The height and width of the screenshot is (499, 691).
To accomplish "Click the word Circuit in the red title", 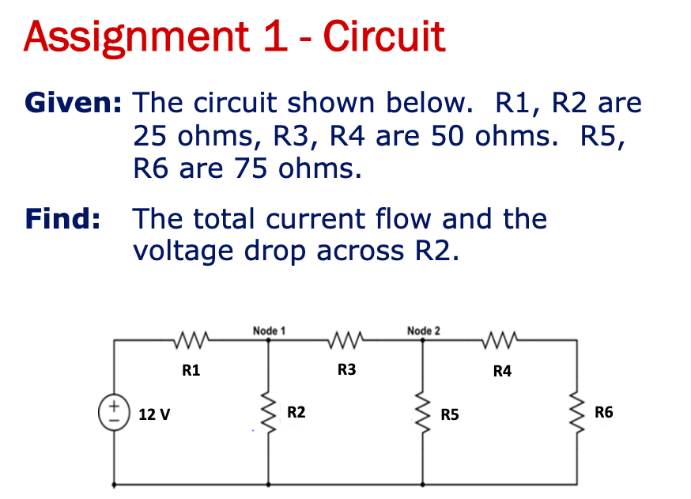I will click(x=385, y=36).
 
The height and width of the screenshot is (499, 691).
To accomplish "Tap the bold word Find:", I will click(x=62, y=218).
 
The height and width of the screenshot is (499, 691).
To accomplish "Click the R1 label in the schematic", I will click(x=191, y=369).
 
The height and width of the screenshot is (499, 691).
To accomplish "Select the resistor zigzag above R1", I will click(x=191, y=342).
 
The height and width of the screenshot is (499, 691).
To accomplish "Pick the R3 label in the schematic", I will click(x=346, y=369).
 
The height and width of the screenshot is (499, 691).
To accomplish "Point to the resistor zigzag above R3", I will click(x=346, y=342).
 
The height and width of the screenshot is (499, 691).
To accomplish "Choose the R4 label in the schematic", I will click(x=502, y=370).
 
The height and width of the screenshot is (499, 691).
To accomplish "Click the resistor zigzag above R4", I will click(x=502, y=342).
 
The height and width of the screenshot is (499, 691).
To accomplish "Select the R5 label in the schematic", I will click(x=451, y=414).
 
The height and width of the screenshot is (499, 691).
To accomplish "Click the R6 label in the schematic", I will click(x=603, y=412).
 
